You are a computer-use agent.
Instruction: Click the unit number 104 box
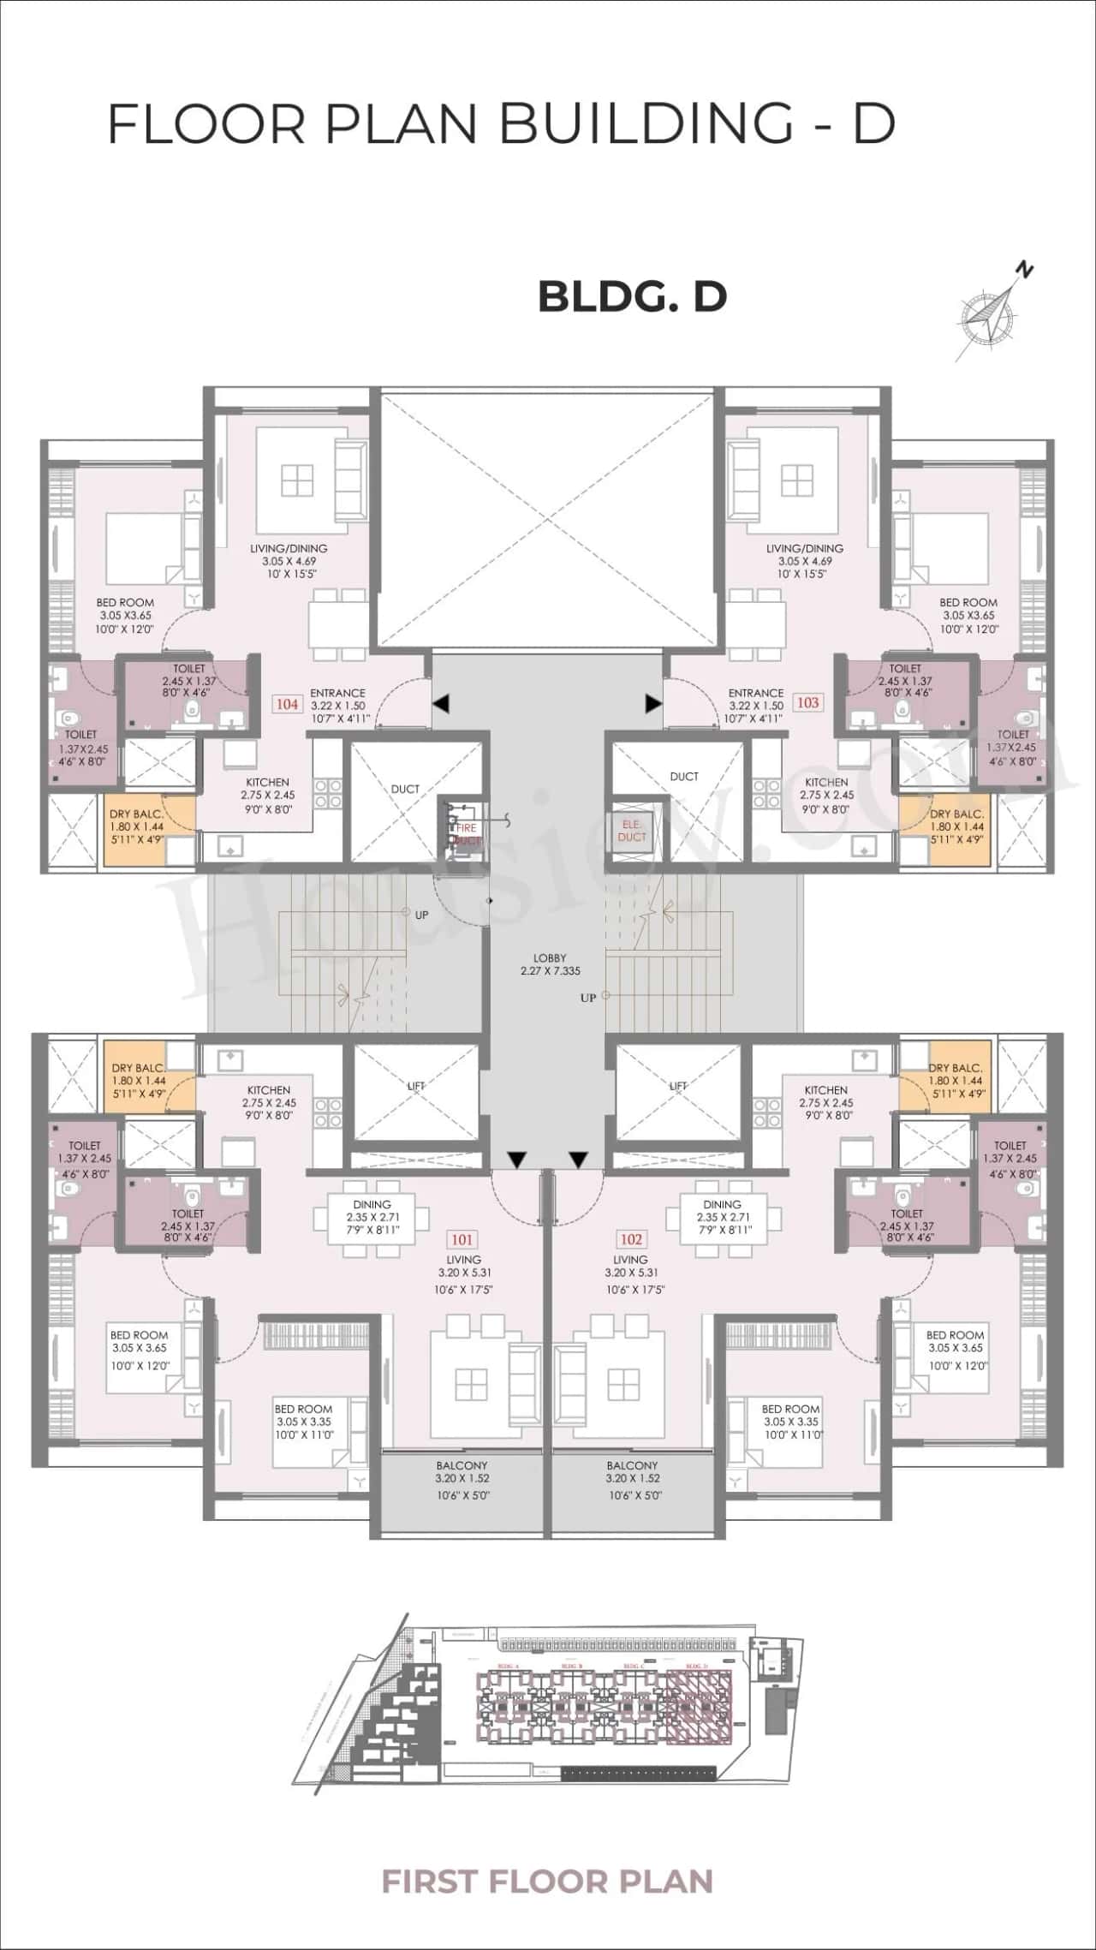pos(287,704)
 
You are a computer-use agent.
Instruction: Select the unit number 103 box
pos(807,702)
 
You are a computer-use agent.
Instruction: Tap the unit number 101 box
pos(462,1239)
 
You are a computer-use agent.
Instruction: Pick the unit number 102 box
pos(630,1239)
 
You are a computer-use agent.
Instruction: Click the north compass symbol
pos(993,312)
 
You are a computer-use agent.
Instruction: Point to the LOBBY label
pos(550,958)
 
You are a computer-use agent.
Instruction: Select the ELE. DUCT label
pos(632,831)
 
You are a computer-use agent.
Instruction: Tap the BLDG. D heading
pos(632,296)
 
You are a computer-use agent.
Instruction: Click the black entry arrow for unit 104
pos(440,704)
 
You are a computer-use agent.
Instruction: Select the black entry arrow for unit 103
pos(653,704)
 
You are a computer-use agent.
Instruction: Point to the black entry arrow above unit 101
pos(516,1160)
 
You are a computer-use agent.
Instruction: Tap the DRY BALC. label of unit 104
pos(136,814)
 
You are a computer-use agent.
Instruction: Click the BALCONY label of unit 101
pos(462,1465)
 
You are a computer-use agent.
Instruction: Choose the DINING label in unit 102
pos(722,1204)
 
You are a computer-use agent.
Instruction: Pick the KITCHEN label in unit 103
pos(826,782)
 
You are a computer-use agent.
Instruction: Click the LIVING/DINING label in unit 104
pos(289,548)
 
